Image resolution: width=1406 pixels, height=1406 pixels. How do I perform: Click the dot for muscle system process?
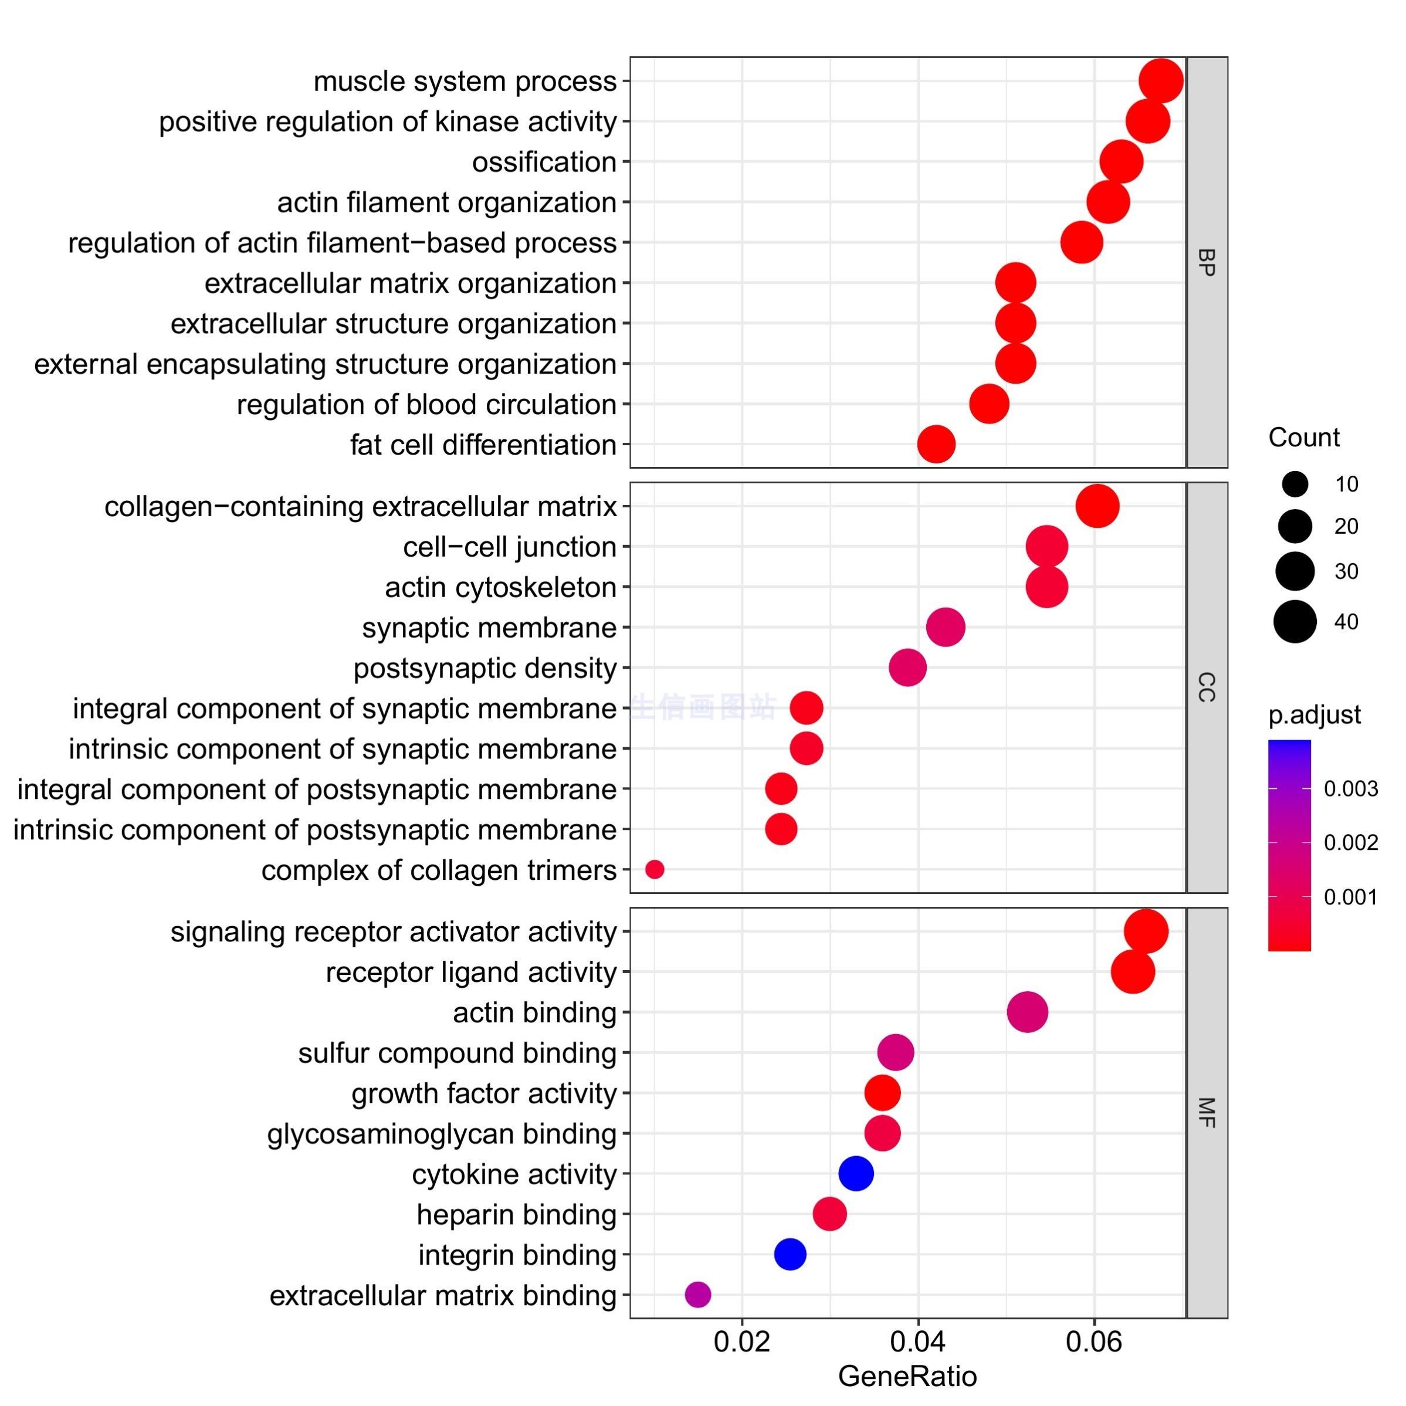click(x=1160, y=81)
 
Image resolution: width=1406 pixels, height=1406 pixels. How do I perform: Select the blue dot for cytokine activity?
click(x=856, y=1173)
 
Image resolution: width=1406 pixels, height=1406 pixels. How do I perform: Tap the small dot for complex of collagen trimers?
click(x=654, y=869)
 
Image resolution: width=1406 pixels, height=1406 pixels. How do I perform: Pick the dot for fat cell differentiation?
click(x=936, y=444)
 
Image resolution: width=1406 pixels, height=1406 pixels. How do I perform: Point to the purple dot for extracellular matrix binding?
click(x=697, y=1294)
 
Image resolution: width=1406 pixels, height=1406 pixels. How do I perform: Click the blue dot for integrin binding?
click(x=790, y=1254)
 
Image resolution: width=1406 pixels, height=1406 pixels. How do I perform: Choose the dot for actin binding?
click(x=1027, y=1012)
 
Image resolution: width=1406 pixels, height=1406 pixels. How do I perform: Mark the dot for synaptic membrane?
click(x=946, y=626)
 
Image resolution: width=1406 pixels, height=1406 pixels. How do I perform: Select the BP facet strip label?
click(x=1206, y=262)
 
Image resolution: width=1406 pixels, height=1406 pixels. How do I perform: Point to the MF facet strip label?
click(x=1206, y=1112)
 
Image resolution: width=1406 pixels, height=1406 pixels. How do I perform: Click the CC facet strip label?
click(x=1206, y=687)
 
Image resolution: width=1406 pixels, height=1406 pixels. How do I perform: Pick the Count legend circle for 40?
click(x=1295, y=622)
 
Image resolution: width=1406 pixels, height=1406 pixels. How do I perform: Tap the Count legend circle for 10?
click(x=1295, y=483)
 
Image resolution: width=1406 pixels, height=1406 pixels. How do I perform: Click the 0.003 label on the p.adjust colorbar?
click(x=1351, y=789)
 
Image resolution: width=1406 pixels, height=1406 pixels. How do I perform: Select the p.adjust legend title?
click(x=1314, y=714)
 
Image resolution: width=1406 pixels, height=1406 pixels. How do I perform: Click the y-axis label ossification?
click(x=544, y=161)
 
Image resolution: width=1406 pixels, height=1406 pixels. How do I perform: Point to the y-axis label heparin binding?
click(x=516, y=1214)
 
